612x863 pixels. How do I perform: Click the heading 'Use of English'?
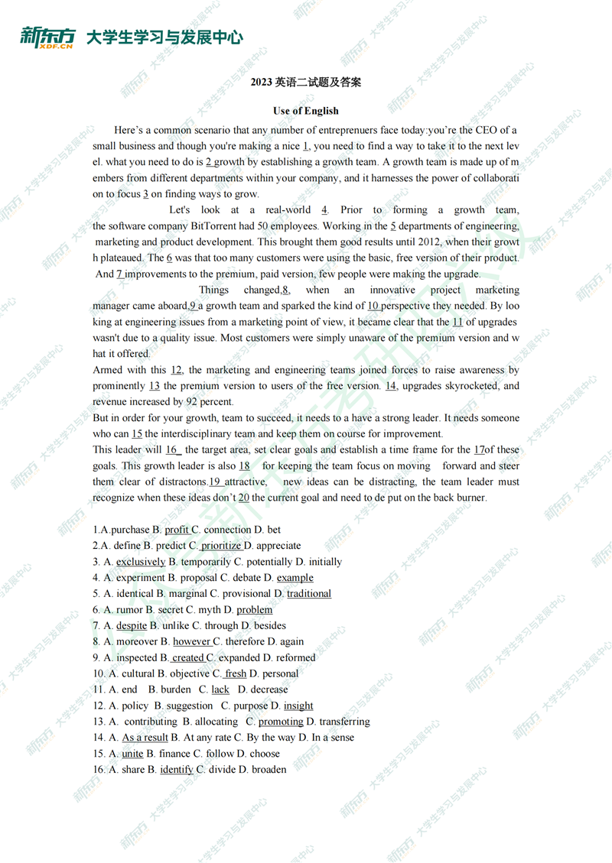[x=305, y=111]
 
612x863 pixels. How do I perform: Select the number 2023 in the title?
[x=262, y=82]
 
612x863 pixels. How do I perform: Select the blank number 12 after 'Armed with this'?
[x=177, y=370]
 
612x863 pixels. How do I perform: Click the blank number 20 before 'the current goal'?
[x=244, y=498]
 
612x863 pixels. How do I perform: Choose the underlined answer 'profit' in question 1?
[x=177, y=530]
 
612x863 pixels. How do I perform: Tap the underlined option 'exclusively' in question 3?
[x=141, y=562]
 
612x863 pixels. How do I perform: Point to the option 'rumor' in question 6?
[x=129, y=610]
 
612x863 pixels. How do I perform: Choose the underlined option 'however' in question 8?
[x=191, y=642]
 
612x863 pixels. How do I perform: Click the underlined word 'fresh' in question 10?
[x=236, y=674]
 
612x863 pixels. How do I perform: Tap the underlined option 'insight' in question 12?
[x=298, y=706]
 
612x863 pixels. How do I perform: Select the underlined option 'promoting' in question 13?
[x=281, y=722]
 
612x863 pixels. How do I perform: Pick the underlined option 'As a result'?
[x=145, y=738]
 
